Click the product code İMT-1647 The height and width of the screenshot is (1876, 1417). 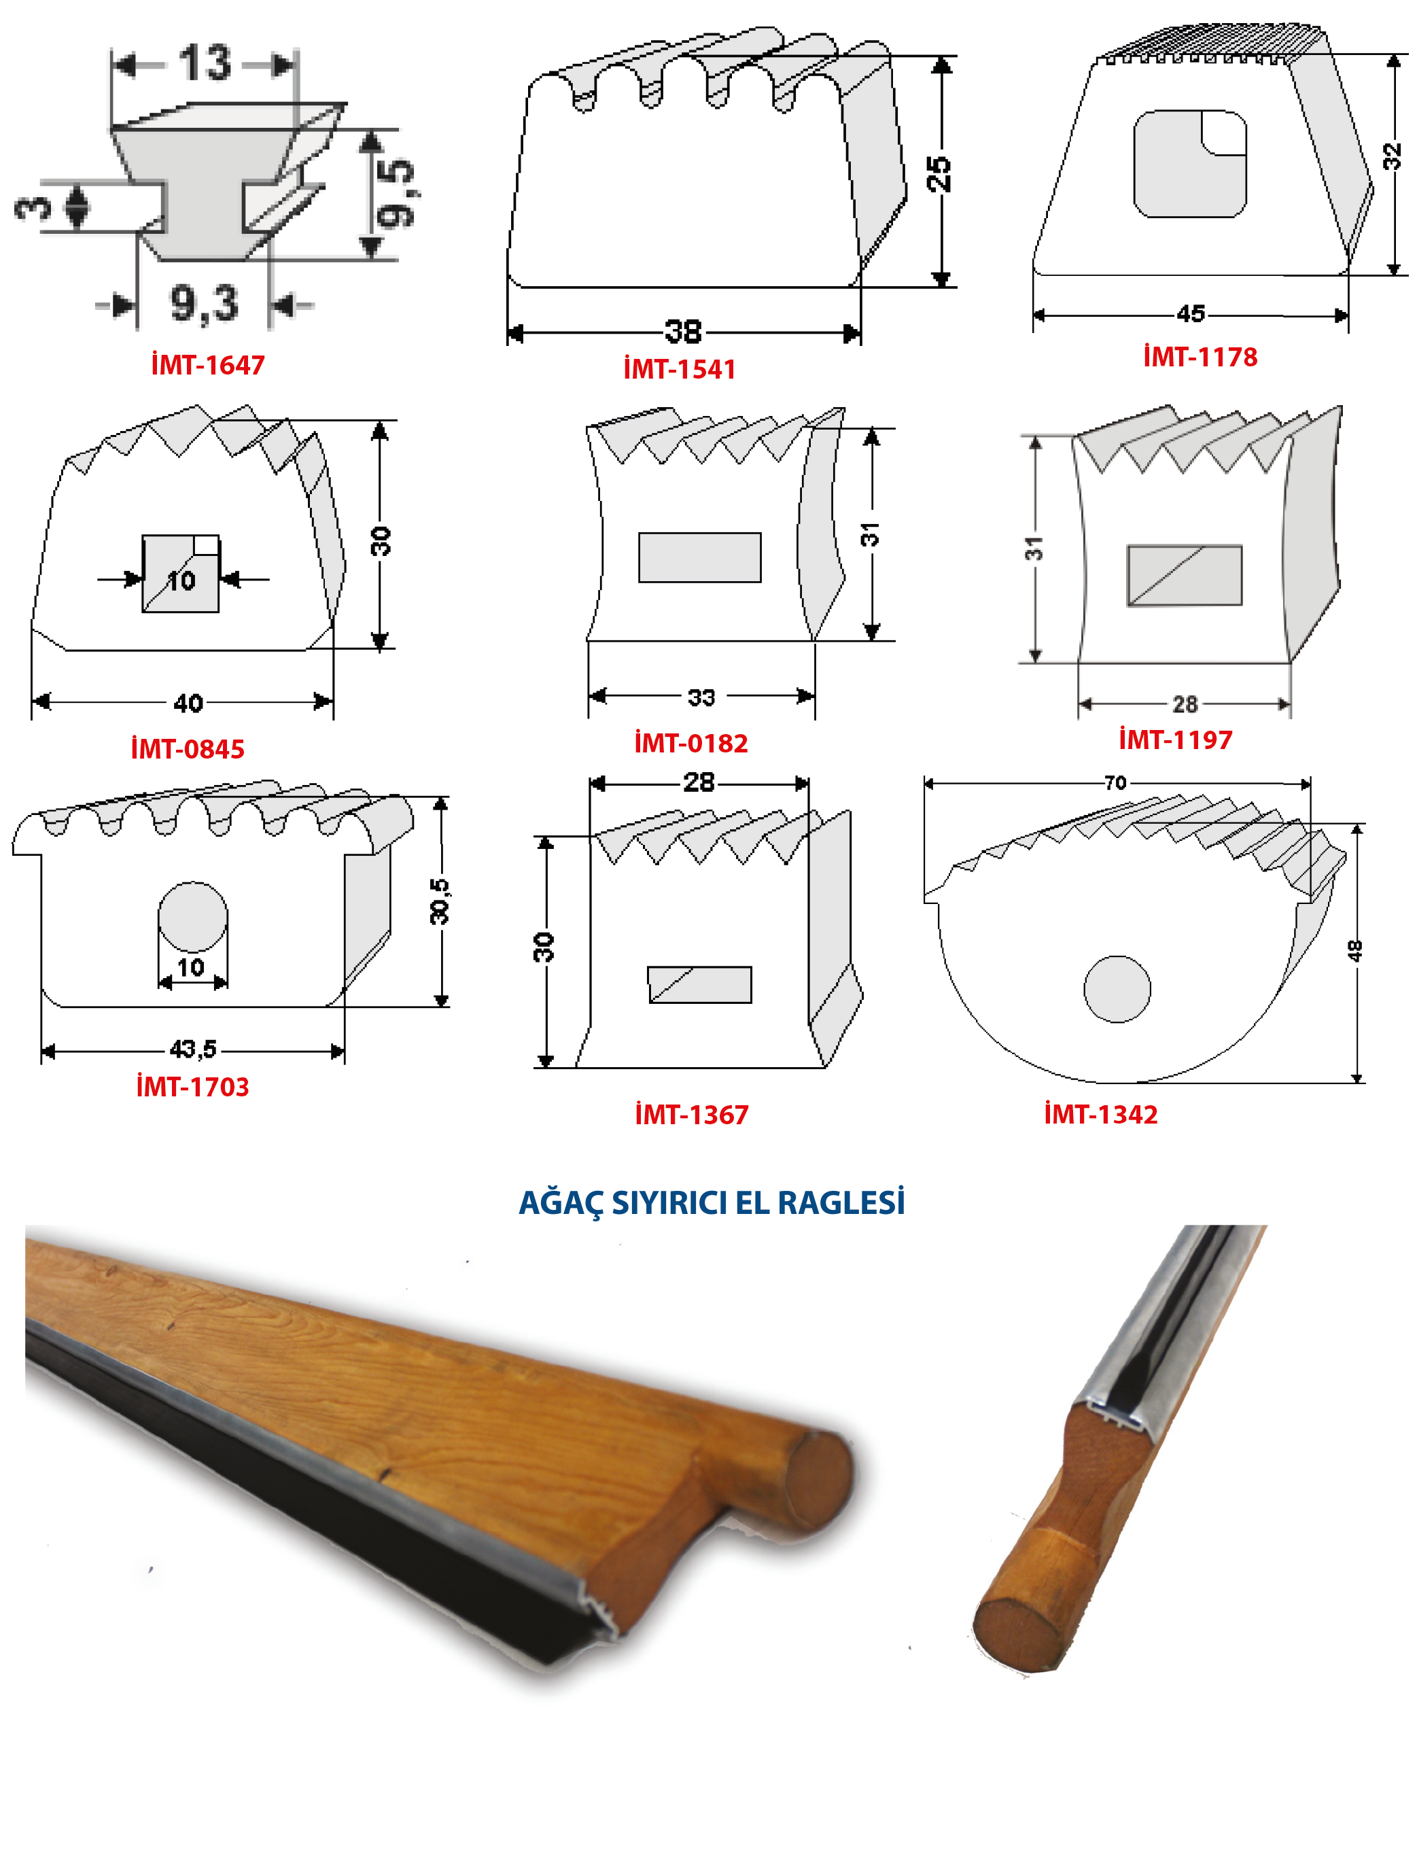pyautogui.click(x=208, y=365)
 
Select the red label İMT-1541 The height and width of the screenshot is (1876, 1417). pyautogui.click(x=679, y=369)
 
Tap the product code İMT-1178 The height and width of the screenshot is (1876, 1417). pyautogui.click(x=1200, y=356)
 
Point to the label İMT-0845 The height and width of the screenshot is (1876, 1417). pyautogui.click(x=188, y=749)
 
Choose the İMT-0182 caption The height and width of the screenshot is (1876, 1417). pyautogui.click(x=691, y=743)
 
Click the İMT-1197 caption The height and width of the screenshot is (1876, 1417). pyautogui.click(x=1175, y=740)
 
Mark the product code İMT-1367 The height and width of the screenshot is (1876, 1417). pyautogui.click(x=692, y=1115)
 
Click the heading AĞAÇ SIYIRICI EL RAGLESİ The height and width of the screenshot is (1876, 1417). pyautogui.click(x=712, y=1202)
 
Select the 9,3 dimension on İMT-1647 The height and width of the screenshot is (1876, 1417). pyautogui.click(x=205, y=304)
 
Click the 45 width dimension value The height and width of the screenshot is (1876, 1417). pyautogui.click(x=1191, y=314)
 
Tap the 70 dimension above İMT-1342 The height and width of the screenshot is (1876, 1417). pyautogui.click(x=1115, y=783)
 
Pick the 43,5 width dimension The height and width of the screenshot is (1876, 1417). pyautogui.click(x=192, y=1050)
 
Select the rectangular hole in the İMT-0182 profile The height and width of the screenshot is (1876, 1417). pyautogui.click(x=699, y=557)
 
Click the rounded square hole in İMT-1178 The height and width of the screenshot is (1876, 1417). pyautogui.click(x=1190, y=164)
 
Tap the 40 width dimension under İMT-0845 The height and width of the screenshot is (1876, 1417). pyautogui.click(x=188, y=703)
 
